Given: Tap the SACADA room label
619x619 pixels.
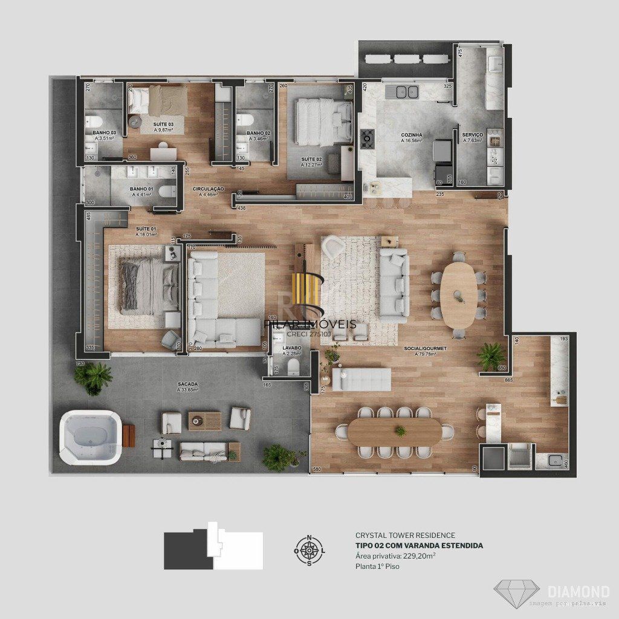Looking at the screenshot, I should tap(188, 384).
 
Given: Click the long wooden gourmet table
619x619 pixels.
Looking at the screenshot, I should tap(395, 432).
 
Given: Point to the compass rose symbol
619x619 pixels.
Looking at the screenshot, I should tap(309, 550).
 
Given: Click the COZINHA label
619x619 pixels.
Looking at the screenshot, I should tap(411, 135).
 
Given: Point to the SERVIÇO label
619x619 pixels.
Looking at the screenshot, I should tap(472, 135).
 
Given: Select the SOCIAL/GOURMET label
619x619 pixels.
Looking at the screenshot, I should tap(426, 349).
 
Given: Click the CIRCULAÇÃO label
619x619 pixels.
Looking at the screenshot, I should tap(209, 189).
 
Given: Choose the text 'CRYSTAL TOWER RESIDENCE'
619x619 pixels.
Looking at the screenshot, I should tap(405, 536).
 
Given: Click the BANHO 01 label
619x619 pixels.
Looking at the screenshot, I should tap(141, 189).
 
